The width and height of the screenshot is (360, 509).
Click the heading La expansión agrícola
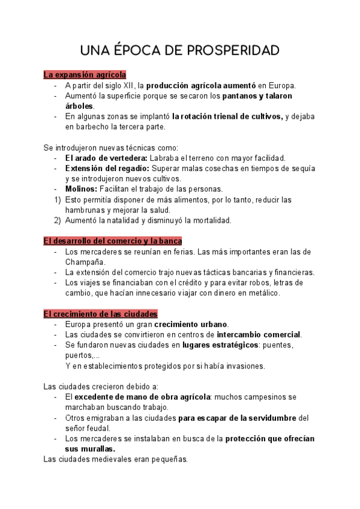(85, 75)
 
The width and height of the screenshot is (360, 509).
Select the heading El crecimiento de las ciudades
(101, 314)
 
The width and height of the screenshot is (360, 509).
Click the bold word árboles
(80, 106)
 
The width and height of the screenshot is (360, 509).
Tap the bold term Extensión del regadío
(106, 169)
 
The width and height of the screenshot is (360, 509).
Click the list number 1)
(57, 199)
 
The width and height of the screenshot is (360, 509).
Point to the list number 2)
(57, 220)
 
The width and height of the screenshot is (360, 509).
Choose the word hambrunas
(87, 210)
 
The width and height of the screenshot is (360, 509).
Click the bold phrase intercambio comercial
(259, 334)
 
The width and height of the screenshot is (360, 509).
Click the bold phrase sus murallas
(90, 449)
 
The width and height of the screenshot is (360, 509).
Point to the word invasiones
(243, 366)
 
